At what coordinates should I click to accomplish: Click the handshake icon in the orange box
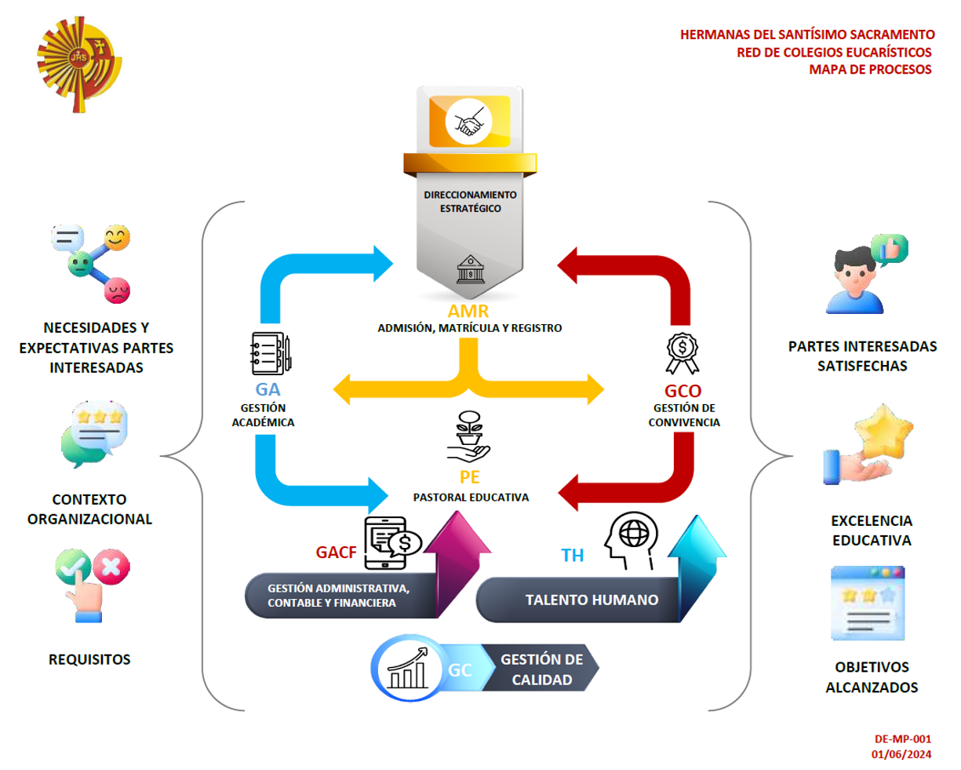[468, 122]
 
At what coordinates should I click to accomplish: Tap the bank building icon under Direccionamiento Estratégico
[470, 269]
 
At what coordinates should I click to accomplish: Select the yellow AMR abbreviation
[468, 311]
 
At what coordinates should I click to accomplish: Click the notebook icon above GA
[271, 353]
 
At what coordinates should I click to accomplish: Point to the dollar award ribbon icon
[682, 353]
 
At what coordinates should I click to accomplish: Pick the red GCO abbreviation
[683, 391]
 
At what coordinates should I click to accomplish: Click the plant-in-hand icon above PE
[468, 436]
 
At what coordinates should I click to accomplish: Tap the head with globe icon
[631, 540]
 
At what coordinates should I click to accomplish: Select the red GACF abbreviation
[336, 553]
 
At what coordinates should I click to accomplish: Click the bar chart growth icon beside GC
[407, 668]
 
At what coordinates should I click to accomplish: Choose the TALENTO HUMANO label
[592, 600]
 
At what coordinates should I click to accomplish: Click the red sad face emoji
[117, 290]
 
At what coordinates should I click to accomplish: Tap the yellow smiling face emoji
[117, 237]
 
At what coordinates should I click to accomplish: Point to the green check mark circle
[73, 566]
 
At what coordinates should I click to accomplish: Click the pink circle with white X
[111, 567]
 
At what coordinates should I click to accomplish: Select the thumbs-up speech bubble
[889, 249]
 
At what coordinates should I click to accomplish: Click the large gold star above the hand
[883, 432]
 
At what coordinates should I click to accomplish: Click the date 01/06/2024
[901, 754]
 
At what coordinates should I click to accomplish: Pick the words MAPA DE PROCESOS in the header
[870, 69]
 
